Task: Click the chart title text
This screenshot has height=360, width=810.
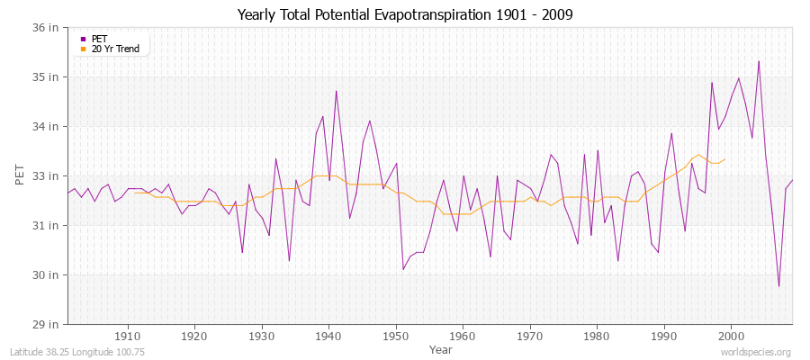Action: (405, 14)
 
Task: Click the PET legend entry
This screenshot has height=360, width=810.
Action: (100, 39)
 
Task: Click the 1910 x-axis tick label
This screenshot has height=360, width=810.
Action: (127, 336)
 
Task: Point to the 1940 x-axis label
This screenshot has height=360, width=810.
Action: (328, 336)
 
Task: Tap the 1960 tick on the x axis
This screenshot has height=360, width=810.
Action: (463, 336)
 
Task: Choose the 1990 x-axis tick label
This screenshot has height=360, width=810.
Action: (663, 336)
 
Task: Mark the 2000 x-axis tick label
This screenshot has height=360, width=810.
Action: (731, 336)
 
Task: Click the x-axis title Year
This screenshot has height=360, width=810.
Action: (441, 348)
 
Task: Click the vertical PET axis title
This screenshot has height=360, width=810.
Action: (20, 175)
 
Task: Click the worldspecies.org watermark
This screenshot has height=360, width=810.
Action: (755, 352)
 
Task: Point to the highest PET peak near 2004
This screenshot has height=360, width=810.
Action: (759, 61)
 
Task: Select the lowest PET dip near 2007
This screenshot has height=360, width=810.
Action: (778, 286)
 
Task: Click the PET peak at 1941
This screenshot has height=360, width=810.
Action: (336, 91)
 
